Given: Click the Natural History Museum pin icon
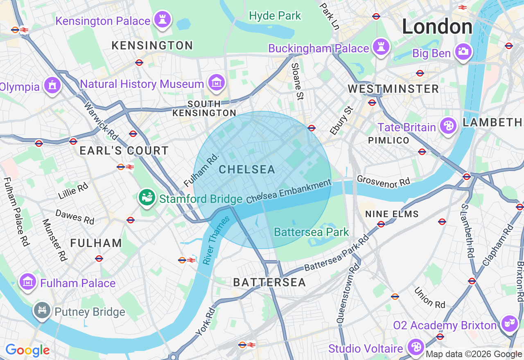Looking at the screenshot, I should pos(216,83).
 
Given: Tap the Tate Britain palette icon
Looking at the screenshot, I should pos(448,126).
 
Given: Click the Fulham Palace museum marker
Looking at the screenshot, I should pos(28,282).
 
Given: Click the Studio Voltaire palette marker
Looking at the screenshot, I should pos(416,347).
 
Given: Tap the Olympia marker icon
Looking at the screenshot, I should pos(52,85).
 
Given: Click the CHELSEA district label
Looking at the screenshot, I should pos(247,169).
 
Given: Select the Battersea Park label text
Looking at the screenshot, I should pos(311,232).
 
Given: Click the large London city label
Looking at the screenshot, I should pos(437,27).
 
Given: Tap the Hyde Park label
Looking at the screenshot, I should pos(275,16).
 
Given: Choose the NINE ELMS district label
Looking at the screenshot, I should pos(392,214).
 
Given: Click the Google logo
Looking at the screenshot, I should pos(27,350).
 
